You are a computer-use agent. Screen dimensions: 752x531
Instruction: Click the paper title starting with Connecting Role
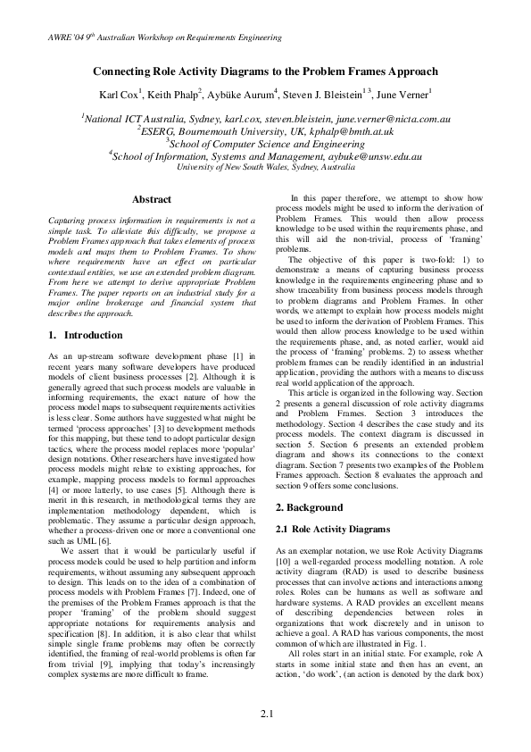(266, 71)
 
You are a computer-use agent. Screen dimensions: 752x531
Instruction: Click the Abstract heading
(151, 199)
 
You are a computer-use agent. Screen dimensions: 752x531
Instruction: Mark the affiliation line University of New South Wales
(266, 166)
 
